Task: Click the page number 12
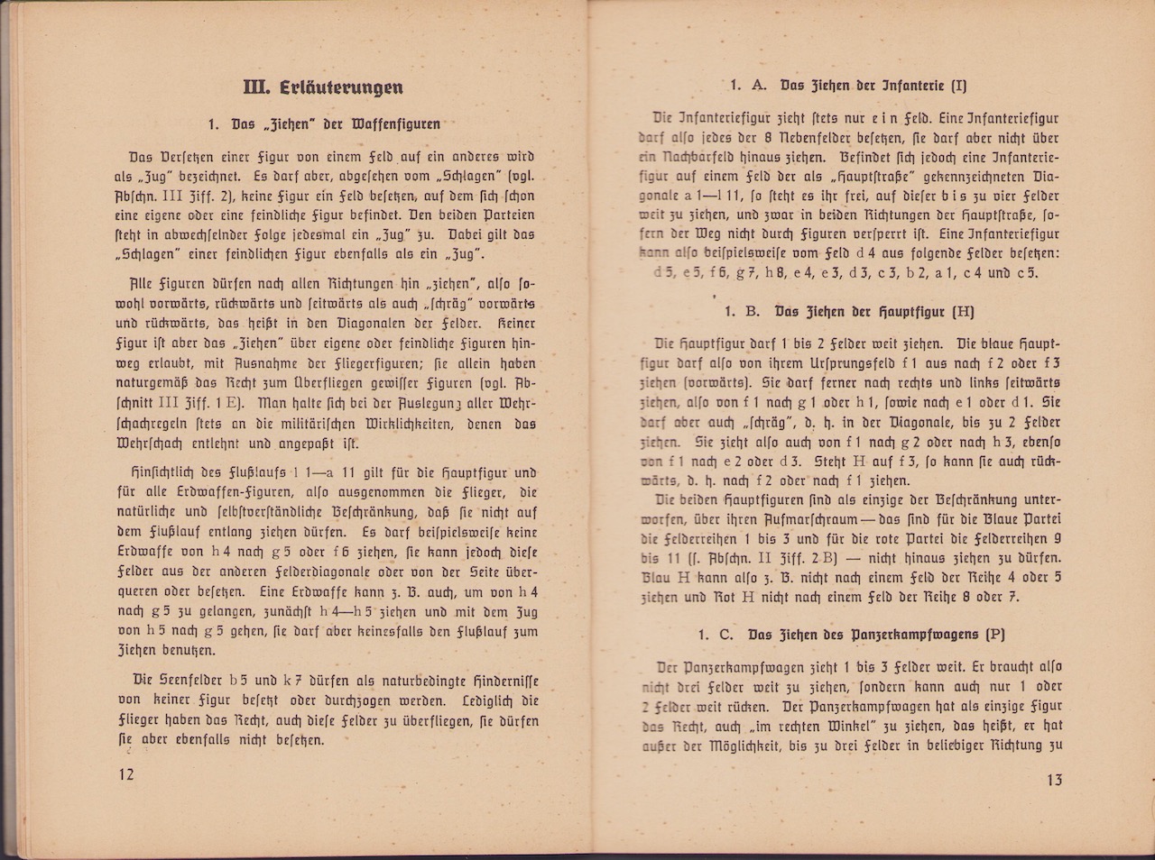click(125, 774)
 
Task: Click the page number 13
click(1054, 780)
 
